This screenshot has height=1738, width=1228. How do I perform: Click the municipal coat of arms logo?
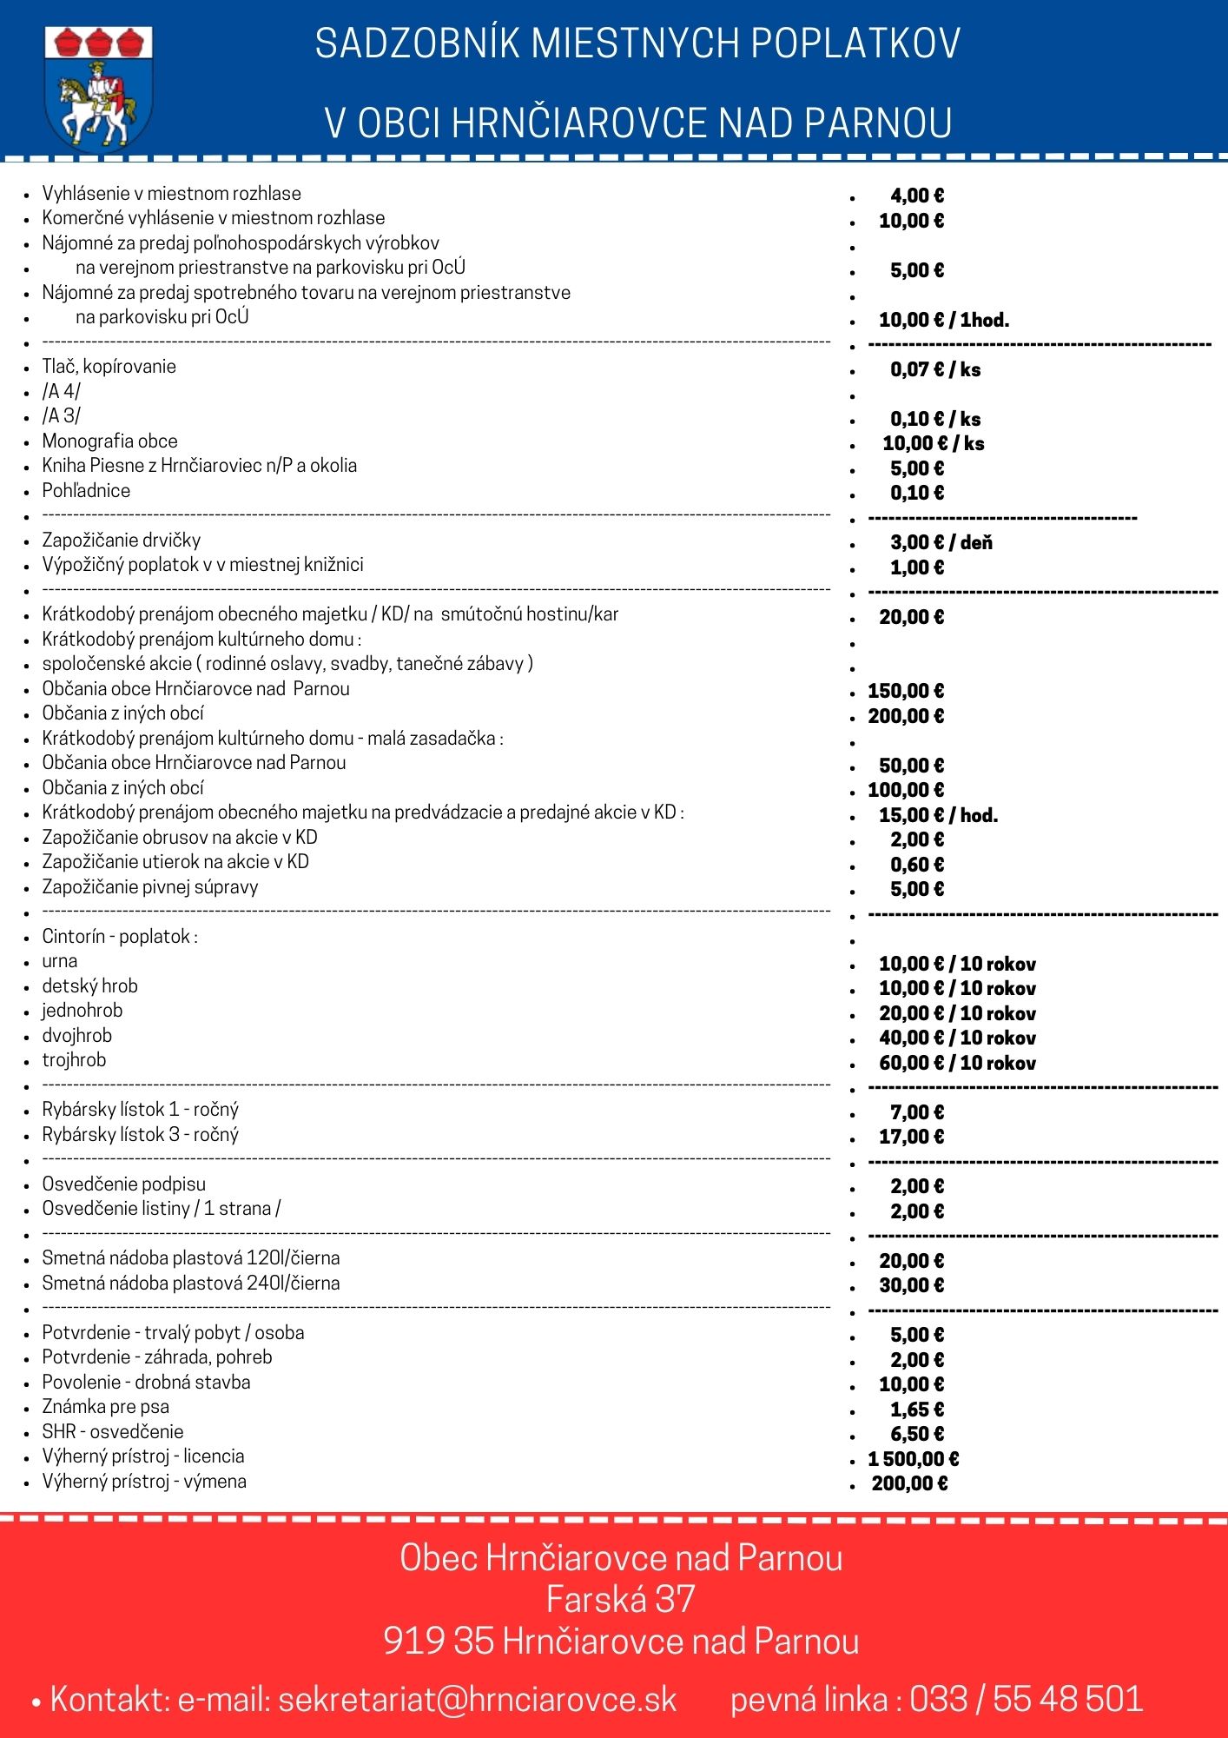coord(98,89)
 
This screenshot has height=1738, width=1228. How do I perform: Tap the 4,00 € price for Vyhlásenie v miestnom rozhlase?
coord(916,196)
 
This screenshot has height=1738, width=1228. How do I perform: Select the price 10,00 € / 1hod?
coord(943,320)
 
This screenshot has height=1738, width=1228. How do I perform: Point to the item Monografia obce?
coord(109,441)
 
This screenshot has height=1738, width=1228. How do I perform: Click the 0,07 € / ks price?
coord(934,369)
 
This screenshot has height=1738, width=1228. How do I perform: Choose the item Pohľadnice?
coord(86,490)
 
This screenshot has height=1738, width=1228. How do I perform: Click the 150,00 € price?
coord(906,691)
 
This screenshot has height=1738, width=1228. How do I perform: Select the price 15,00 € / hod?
coord(938,815)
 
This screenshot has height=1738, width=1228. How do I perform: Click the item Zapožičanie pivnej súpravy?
coord(150,886)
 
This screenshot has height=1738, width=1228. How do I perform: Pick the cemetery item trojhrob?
coord(74,1059)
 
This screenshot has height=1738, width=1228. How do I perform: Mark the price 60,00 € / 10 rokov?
coord(957,1063)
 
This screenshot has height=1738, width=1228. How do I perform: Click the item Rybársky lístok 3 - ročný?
coord(140,1134)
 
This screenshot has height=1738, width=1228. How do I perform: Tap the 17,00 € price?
coord(911,1137)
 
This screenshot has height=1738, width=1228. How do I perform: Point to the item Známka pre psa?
coord(105,1406)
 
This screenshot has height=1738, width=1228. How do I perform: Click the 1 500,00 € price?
coord(913,1459)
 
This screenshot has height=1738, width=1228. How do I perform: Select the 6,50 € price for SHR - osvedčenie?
coord(916,1434)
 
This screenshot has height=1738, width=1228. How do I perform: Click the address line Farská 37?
coord(620,1599)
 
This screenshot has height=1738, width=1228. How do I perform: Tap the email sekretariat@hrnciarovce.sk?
coord(477,1699)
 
